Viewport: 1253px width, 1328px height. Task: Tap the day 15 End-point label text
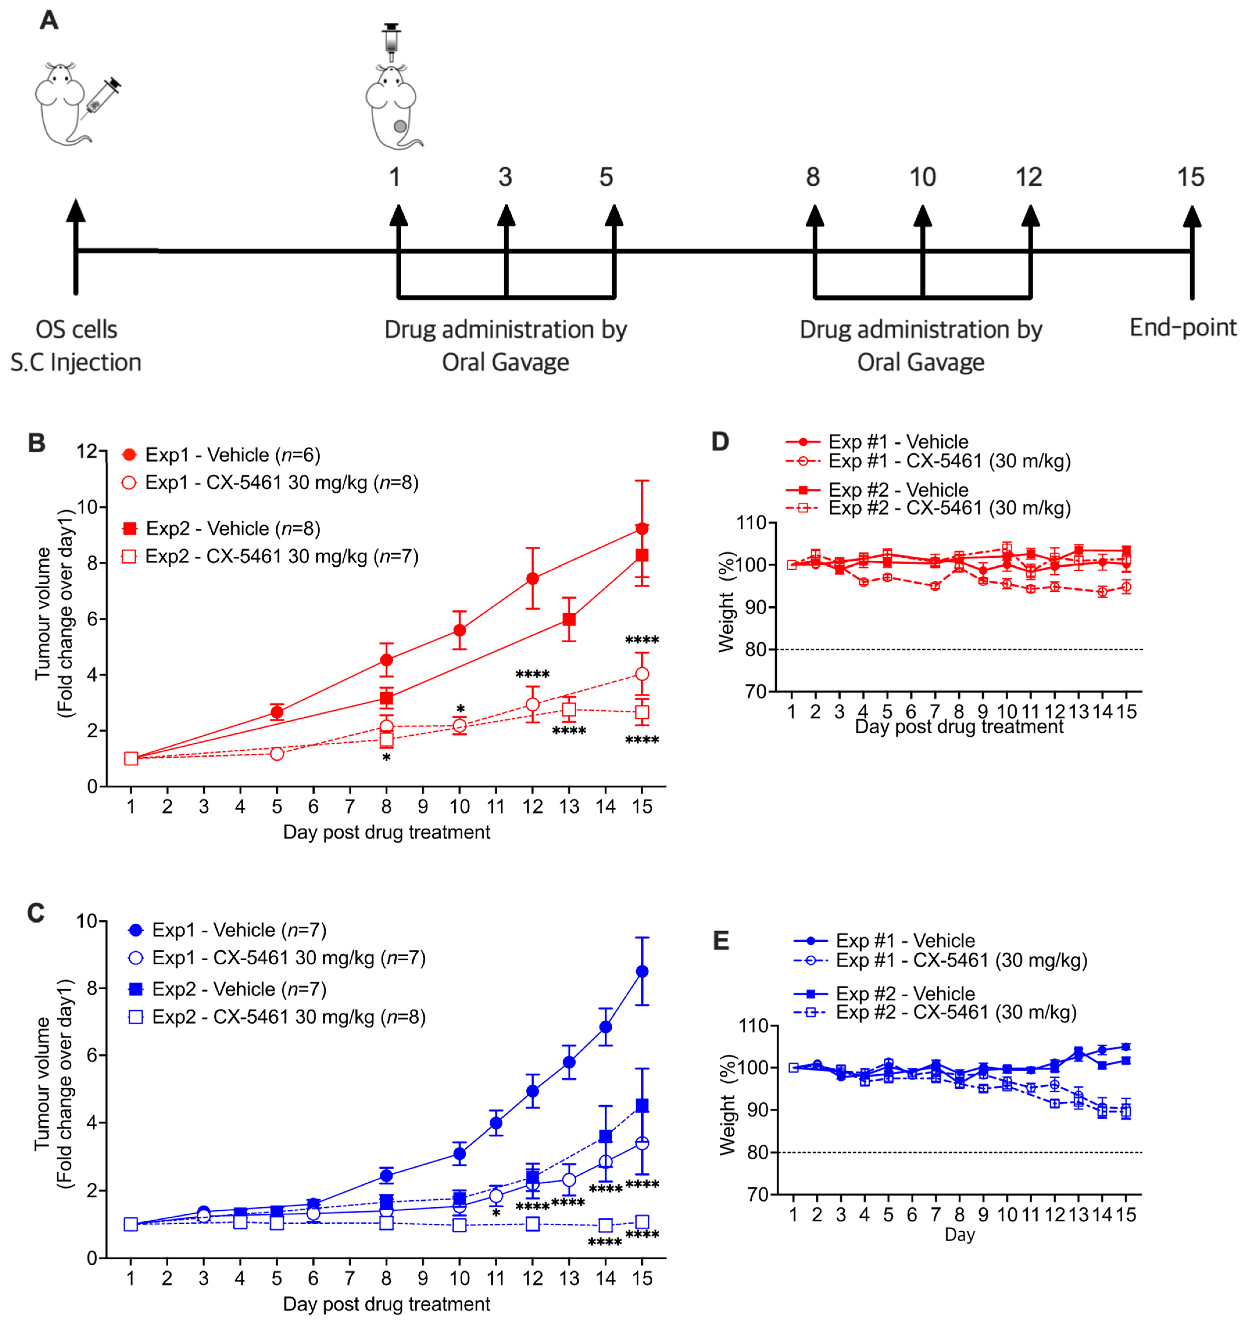pos(1183,327)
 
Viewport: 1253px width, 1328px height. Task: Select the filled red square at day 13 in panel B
pos(569,619)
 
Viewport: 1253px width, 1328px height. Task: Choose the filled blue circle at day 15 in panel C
pos(642,971)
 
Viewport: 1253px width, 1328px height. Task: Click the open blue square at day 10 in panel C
pos(459,1225)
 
